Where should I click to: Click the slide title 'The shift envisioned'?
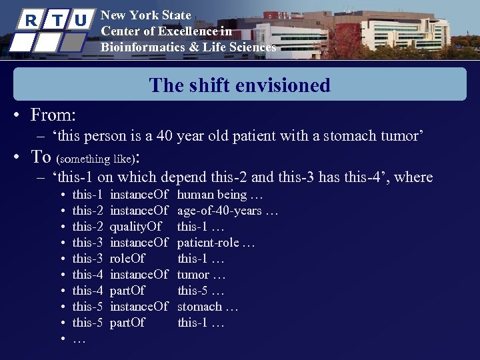pos(240,85)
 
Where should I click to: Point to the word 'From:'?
pos(53,115)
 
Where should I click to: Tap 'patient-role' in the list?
pos(207,243)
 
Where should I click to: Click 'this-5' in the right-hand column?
pos(193,291)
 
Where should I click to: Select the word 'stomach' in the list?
pos(199,307)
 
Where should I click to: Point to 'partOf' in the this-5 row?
pos(127,323)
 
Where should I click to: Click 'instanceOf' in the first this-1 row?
pos(139,195)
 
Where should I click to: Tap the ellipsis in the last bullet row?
pos(79,339)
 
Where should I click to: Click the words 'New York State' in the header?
pos(145,15)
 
